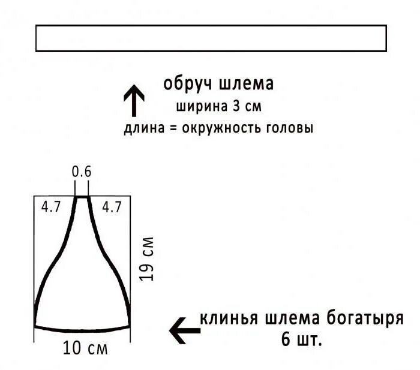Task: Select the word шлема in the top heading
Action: click(246, 84)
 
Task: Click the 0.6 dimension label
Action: click(82, 172)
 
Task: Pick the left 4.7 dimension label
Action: click(51, 207)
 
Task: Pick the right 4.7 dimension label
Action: click(111, 207)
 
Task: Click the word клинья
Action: click(227, 318)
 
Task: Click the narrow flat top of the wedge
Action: click(82, 197)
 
